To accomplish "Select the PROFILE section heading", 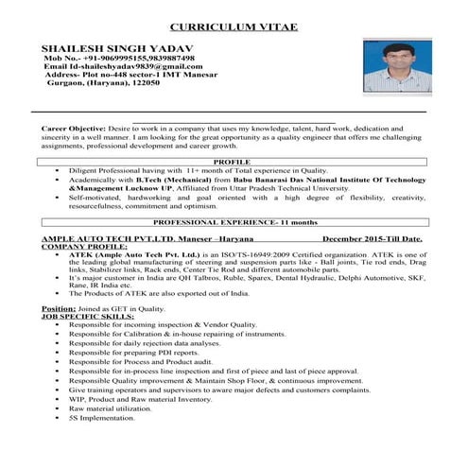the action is [232, 162].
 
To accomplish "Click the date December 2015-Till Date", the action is [373, 240].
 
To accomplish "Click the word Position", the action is [58, 309].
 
